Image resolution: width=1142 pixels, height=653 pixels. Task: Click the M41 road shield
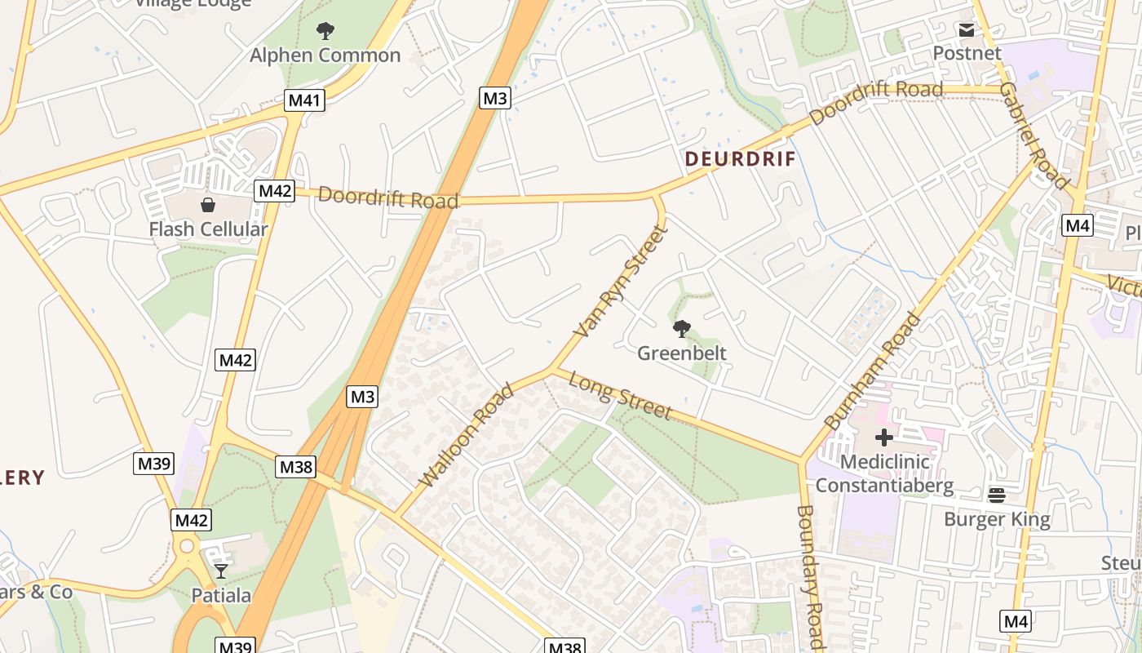305,100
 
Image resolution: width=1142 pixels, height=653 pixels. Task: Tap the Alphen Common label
325,56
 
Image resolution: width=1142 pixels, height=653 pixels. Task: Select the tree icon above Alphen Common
325,32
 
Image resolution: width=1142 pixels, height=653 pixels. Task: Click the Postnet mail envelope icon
967,30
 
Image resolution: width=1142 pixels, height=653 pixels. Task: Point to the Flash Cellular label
208,229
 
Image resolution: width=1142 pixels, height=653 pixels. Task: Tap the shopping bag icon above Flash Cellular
208,204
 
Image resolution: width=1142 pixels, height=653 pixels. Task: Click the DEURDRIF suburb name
740,159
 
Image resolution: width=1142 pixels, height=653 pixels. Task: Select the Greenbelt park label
681,353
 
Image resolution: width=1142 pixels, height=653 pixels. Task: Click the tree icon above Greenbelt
681,329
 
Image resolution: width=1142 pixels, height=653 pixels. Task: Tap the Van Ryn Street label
622,282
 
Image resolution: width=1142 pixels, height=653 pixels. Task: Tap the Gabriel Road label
1033,135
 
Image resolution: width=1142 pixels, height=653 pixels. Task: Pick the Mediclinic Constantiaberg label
884,473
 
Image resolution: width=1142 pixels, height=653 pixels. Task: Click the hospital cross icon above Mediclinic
884,438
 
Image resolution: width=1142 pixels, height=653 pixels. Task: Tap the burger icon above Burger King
997,495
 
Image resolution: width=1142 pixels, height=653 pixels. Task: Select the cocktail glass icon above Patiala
221,571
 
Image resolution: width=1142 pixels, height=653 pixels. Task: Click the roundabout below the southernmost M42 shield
188,546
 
